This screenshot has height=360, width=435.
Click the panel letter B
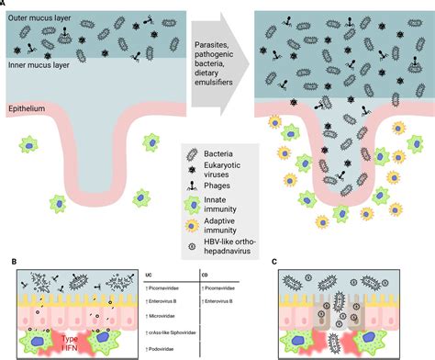click(5, 262)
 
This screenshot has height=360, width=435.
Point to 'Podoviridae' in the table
click(168, 340)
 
